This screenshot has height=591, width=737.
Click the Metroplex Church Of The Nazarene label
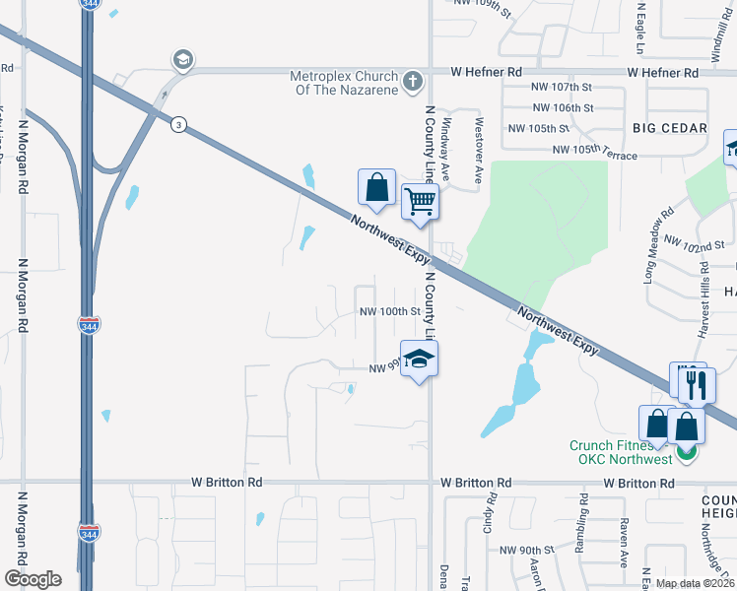coord(344,83)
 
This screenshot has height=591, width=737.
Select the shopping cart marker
coord(420,202)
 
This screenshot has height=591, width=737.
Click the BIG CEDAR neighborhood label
coord(670,129)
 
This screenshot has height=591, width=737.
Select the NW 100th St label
coord(390,311)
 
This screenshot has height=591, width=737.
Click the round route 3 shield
coord(178,124)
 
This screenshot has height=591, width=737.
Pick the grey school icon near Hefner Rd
coord(181,61)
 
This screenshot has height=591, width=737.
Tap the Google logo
coord(33,578)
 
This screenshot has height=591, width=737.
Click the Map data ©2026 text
coord(694,583)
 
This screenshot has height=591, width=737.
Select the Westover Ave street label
coord(478,138)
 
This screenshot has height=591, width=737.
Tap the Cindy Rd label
coord(488,518)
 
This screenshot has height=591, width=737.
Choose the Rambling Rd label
coord(583,517)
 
